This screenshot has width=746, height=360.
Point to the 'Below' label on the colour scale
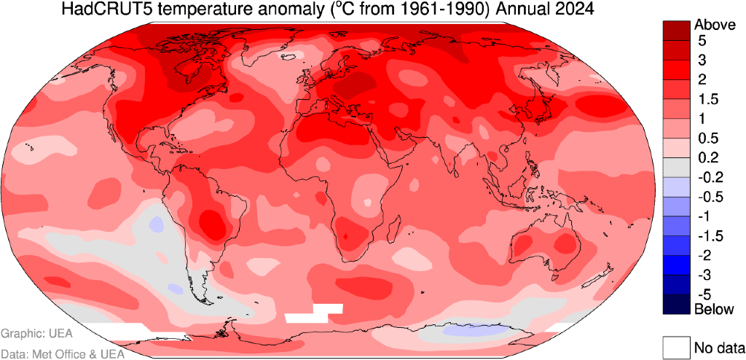(713, 309)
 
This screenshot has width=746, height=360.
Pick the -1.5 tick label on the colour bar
(711, 235)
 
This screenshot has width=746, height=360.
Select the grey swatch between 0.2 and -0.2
(675, 167)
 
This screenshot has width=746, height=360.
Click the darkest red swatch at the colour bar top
(675, 29)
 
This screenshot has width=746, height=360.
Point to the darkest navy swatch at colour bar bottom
(675, 304)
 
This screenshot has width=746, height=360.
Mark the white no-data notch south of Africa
(314, 313)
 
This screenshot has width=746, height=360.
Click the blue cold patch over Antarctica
(473, 330)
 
